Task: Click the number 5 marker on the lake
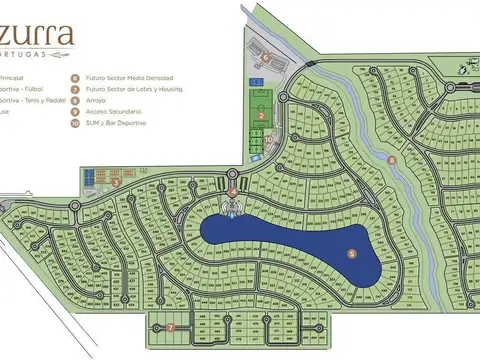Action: [351, 254]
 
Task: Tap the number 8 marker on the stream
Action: [392, 160]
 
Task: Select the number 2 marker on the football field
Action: [261, 116]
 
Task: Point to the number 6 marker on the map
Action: [265, 57]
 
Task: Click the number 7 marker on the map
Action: [171, 327]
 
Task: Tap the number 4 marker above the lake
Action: [233, 190]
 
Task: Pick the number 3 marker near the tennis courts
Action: [116, 182]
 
